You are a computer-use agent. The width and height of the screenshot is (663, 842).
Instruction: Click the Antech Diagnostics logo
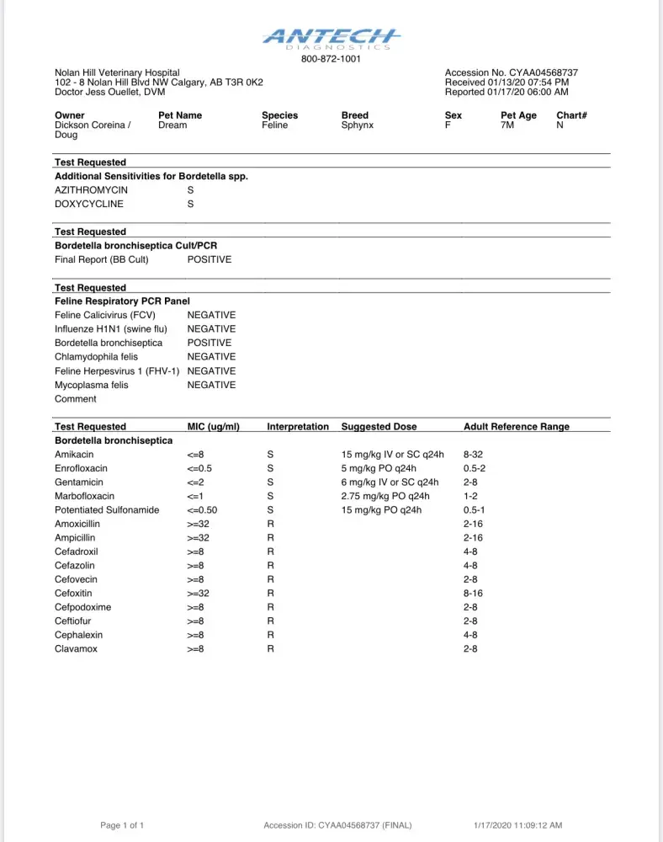tap(331, 38)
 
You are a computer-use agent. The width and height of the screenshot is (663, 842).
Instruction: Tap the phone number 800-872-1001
tap(331, 59)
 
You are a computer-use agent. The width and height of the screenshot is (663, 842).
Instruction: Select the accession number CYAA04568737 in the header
tap(542, 73)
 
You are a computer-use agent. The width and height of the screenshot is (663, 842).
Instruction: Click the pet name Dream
tap(172, 125)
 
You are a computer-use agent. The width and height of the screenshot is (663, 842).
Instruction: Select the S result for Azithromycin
tap(190, 190)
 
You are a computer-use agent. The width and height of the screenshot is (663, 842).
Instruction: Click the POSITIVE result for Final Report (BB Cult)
tap(209, 259)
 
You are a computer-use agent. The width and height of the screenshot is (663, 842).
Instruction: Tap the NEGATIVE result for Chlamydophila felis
tap(211, 357)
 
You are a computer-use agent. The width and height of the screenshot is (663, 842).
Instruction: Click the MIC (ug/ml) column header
tap(213, 427)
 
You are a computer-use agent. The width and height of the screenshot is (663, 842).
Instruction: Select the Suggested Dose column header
tap(379, 427)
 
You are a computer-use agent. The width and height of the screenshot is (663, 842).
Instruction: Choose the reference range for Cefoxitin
tap(474, 593)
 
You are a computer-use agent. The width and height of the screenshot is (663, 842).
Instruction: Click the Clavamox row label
tap(77, 649)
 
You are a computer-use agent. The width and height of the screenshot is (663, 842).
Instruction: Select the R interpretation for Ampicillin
tap(271, 537)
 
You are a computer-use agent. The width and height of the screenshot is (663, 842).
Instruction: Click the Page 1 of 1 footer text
tap(123, 825)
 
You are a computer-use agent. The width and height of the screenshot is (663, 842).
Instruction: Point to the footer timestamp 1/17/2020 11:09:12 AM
tap(517, 825)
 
